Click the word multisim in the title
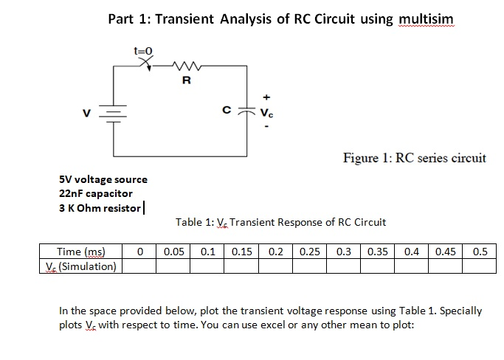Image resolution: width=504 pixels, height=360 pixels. pos(426,18)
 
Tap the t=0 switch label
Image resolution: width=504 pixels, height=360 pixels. pos(142,51)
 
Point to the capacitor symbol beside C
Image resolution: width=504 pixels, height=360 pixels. pos(246,111)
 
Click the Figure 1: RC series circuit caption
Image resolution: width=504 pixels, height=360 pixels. pos(414,158)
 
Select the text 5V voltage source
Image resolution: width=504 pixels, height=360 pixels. pos(103,179)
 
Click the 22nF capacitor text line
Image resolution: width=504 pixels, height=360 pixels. pos(95,193)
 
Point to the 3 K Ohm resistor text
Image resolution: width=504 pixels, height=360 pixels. pos(99,207)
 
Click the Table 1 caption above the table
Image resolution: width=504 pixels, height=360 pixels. pos(280,222)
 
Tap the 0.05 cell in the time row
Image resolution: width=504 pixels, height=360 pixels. pos(174,252)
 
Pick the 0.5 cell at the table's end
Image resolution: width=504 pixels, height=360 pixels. pos(480,252)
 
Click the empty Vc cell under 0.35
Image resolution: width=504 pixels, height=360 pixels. pos(378,266)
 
